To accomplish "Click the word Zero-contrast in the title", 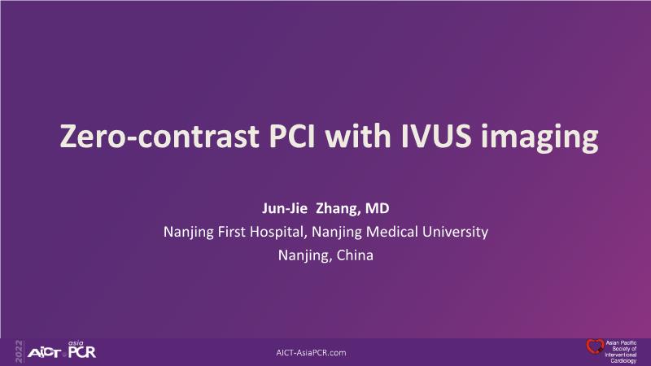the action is coord(159,136).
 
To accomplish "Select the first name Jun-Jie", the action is coord(284,208).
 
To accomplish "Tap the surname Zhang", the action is coord(338,209).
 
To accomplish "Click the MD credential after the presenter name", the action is coord(377,208).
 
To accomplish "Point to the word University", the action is coord(455,233).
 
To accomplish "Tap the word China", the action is coord(355,255).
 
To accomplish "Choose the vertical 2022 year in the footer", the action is coord(19,351).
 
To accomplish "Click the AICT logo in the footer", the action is coord(45,353).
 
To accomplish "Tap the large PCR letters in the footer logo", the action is coord(82,352).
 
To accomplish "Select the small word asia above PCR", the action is coord(76,343).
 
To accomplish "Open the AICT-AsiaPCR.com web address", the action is coord(311,353).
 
